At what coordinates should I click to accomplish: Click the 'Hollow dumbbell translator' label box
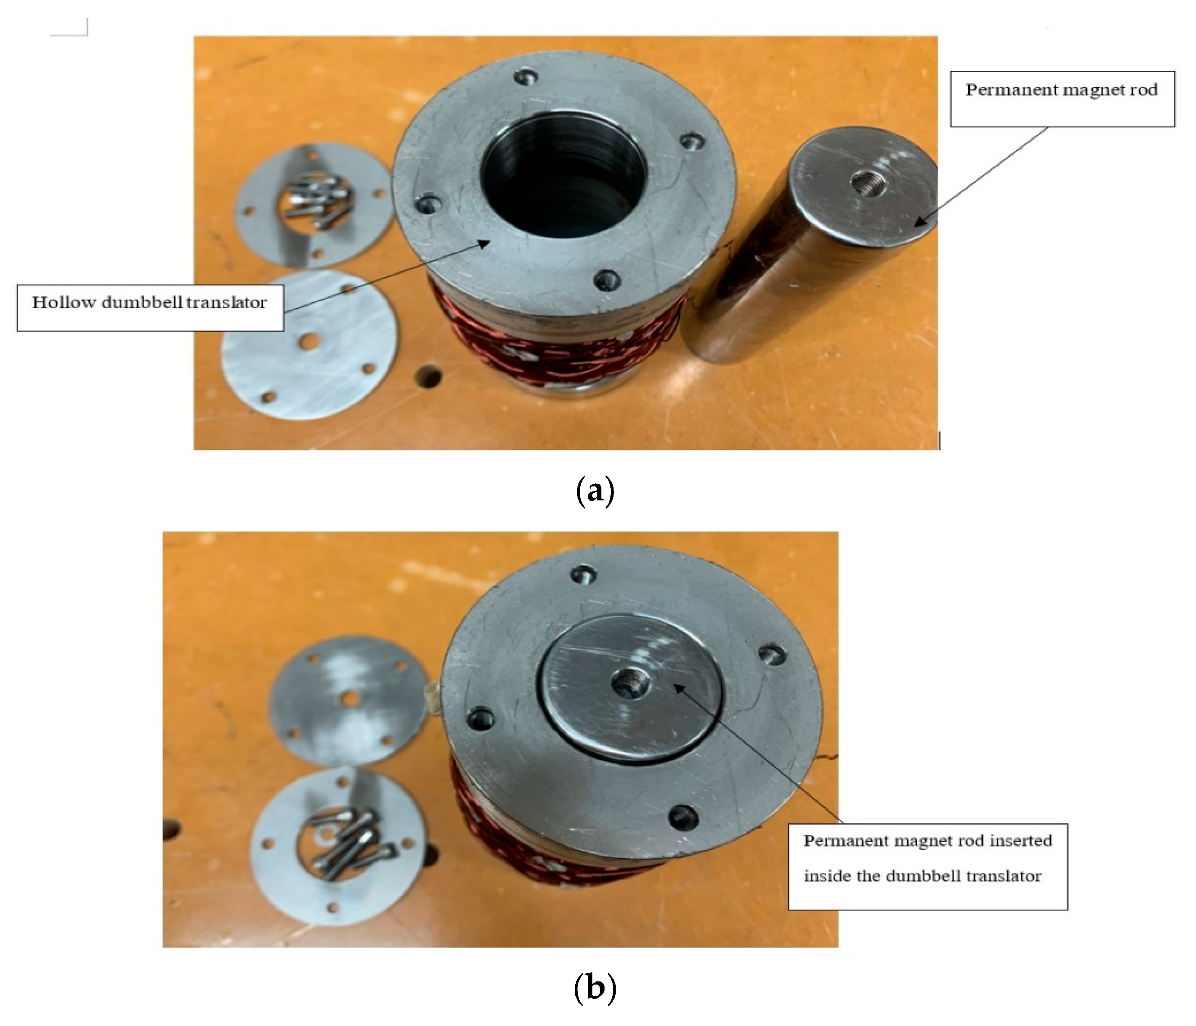point(150,307)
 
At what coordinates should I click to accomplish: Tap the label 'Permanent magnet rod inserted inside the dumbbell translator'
point(927,866)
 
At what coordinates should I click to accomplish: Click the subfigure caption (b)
point(595,988)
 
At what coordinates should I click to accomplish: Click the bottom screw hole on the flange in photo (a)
point(607,281)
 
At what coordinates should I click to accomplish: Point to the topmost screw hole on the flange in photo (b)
point(582,575)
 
